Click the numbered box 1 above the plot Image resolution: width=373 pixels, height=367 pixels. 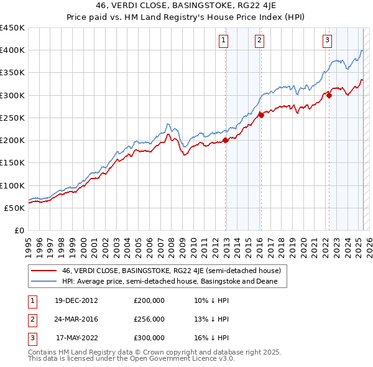[x=223, y=42]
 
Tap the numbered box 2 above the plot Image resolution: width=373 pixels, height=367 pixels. [x=259, y=42]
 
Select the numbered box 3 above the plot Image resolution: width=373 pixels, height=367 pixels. [x=327, y=42]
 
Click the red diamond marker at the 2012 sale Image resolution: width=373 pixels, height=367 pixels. [x=226, y=140]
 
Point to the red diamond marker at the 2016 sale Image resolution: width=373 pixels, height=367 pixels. [x=262, y=115]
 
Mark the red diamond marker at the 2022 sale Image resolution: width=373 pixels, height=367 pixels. [x=329, y=95]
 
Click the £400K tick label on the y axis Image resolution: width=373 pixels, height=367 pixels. [x=12, y=50]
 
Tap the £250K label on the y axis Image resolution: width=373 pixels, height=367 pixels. [x=12, y=118]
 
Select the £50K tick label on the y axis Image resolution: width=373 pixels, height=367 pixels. [x=14, y=208]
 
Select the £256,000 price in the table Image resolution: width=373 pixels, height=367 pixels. [x=149, y=319]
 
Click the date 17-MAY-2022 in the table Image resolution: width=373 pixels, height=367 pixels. [x=76, y=338]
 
